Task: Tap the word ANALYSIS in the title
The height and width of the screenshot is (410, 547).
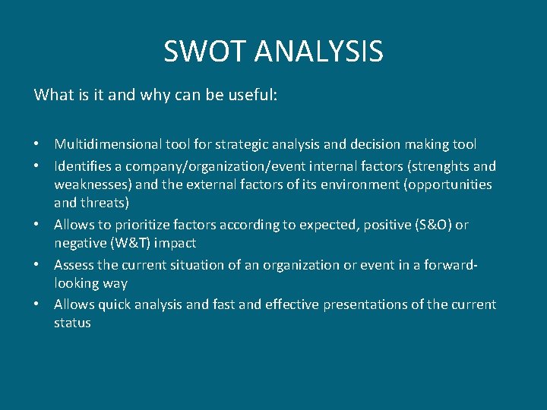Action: [x=319, y=52]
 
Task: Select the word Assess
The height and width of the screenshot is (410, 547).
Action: [x=74, y=265]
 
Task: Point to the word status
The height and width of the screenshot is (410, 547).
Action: [x=72, y=323]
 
